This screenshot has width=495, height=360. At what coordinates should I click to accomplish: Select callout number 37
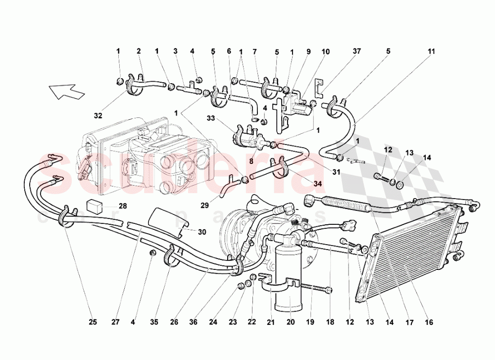click(x=357, y=51)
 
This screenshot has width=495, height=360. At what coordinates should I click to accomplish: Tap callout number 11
click(x=431, y=51)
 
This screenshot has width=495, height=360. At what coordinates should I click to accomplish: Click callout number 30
click(x=201, y=231)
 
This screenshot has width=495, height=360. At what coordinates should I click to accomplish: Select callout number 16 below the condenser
click(x=428, y=322)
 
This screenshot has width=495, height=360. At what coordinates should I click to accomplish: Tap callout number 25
click(x=93, y=322)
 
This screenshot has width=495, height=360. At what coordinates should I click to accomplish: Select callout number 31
click(x=337, y=172)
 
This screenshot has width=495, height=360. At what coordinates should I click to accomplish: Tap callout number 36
click(x=193, y=322)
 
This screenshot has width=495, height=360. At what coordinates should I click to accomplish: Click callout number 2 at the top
click(x=139, y=51)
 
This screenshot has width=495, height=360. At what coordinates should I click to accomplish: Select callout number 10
click(x=326, y=51)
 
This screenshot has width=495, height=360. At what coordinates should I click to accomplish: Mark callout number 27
click(x=115, y=322)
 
